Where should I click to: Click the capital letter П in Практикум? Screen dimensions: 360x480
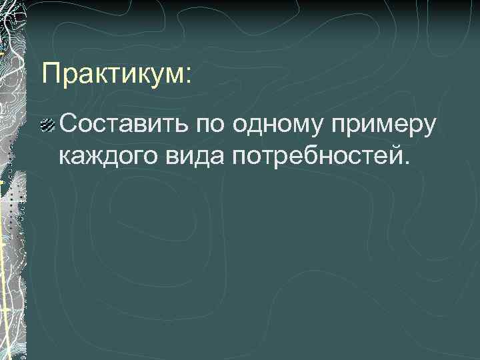(x=51, y=73)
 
